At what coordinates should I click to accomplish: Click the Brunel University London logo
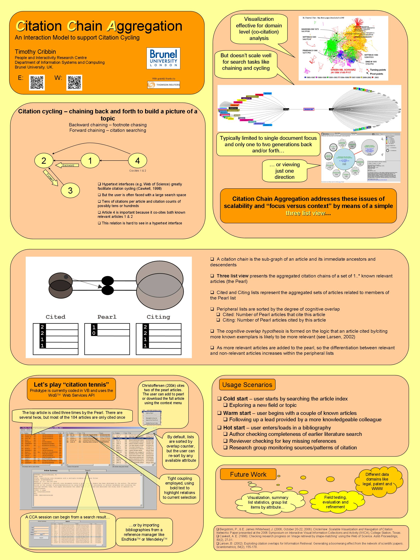[163, 58]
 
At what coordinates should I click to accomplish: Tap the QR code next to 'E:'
[37, 83]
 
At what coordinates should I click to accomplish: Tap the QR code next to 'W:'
[74, 83]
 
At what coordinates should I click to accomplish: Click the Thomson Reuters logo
[164, 85]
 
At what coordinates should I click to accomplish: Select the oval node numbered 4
[137, 160]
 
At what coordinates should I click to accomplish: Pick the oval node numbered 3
[70, 190]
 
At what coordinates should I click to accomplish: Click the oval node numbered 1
[90, 160]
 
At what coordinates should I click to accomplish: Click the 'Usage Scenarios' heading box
[247, 385]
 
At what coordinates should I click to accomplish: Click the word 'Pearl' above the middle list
[107, 317]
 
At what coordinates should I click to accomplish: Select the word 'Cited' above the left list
[55, 317]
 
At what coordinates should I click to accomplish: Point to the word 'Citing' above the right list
[158, 317]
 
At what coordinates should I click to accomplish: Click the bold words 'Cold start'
[235, 399]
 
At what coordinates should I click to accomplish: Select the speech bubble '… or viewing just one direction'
[285, 171]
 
